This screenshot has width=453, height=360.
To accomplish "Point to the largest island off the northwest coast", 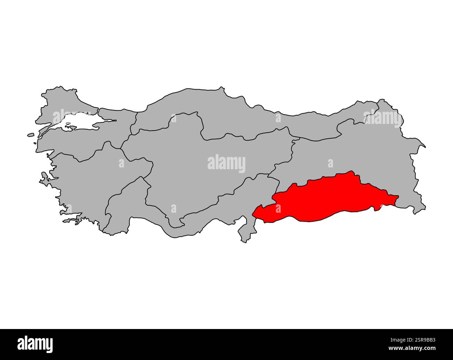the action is (31, 135).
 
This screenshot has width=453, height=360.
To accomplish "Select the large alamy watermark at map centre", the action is (226, 164).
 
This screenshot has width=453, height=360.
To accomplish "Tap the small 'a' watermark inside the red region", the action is (278, 208).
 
